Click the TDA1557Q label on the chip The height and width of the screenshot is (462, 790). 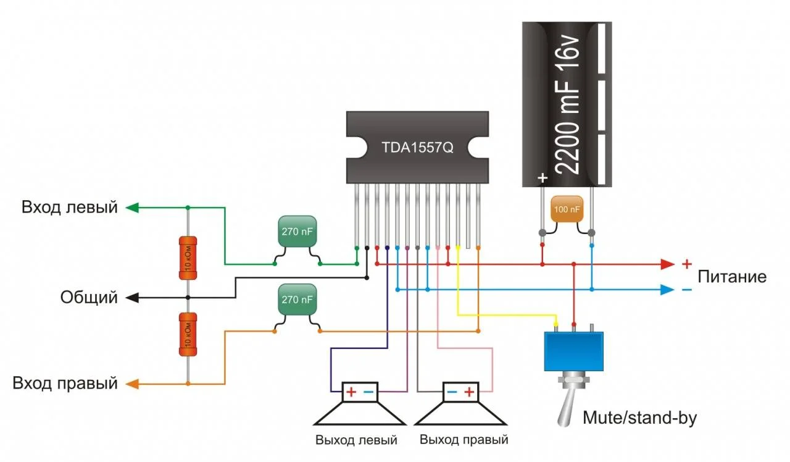[417, 148]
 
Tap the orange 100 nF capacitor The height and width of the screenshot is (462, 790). [567, 210]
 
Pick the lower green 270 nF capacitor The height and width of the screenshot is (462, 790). [297, 299]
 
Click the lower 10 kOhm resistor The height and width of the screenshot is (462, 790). [188, 334]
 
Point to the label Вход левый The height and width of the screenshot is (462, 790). [70, 207]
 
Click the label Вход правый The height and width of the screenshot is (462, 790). [65, 383]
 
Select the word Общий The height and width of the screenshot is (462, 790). [89, 298]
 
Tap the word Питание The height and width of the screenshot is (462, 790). [732, 277]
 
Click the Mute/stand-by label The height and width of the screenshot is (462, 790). [639, 418]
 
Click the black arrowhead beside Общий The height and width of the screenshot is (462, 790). [131, 298]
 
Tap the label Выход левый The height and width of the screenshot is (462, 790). [356, 440]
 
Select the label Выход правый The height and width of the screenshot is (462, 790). [464, 440]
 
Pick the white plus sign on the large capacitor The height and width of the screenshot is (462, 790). [543, 178]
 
